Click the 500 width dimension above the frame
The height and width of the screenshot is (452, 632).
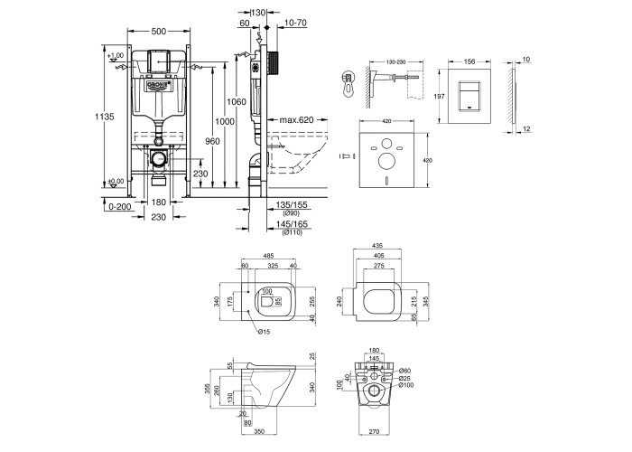(x=158, y=32)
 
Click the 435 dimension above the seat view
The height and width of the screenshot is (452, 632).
(x=380, y=246)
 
